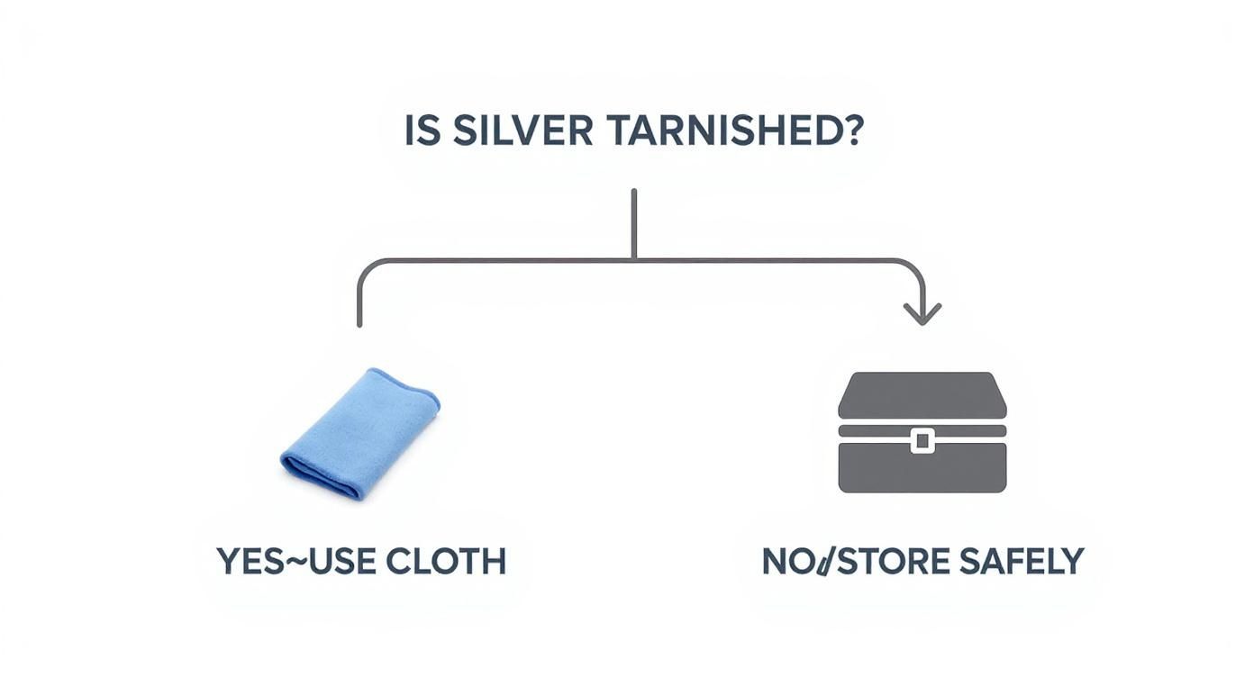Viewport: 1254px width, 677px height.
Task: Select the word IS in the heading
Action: [x=421, y=131]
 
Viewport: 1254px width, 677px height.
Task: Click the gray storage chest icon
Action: [x=922, y=432]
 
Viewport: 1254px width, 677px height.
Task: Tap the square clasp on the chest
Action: [x=922, y=441]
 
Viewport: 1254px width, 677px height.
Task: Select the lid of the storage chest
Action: [x=922, y=396]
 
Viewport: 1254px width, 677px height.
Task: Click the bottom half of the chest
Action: [x=922, y=468]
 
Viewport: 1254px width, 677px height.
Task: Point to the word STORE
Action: [x=887, y=562]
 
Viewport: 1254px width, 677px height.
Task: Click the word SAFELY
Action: [x=1021, y=562]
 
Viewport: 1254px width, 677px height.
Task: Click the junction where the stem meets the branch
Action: [x=634, y=260]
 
